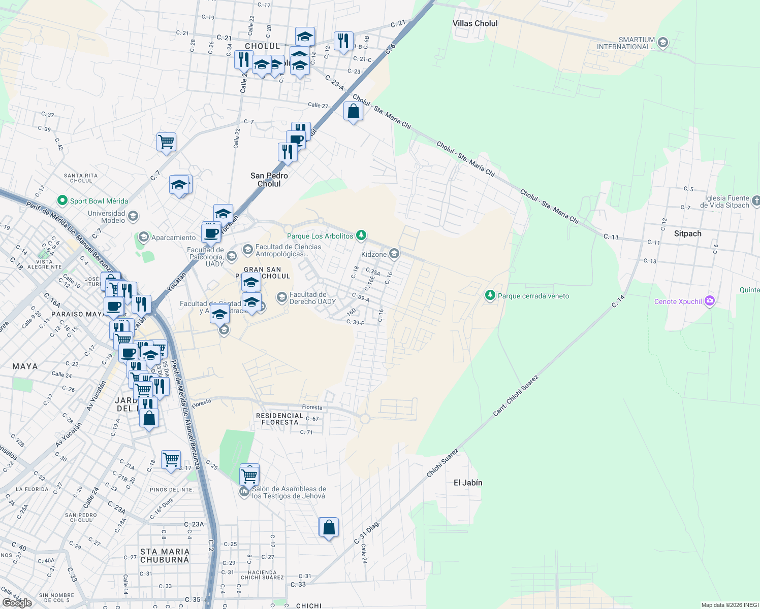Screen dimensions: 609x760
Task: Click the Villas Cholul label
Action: coord(475,23)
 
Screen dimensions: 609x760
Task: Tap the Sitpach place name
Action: coord(687,233)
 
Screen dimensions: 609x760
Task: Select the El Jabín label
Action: coord(468,483)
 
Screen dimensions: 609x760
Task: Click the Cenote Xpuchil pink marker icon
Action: coord(710,301)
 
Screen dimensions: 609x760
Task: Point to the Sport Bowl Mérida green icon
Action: coord(62,201)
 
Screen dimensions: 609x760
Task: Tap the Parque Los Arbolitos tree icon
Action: coord(361,235)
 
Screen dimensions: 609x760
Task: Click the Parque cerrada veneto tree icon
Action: coord(490,295)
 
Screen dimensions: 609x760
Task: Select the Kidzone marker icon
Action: coord(394,254)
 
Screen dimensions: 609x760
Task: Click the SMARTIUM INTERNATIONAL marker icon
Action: coord(662,43)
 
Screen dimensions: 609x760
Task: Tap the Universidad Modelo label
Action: coord(106,217)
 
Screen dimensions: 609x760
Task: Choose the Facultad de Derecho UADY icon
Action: coord(282,297)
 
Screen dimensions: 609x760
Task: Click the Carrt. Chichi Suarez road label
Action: coord(515,396)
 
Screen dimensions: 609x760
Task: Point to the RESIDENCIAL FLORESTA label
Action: coord(279,419)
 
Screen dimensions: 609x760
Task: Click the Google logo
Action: coord(17,602)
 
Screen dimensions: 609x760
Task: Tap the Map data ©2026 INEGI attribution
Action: coord(729,605)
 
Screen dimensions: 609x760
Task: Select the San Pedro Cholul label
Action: coord(269,180)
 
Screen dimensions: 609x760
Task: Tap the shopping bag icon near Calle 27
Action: coord(353,112)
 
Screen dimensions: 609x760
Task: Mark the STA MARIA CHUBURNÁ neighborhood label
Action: coord(165,555)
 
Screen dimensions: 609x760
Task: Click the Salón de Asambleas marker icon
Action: coord(244,491)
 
